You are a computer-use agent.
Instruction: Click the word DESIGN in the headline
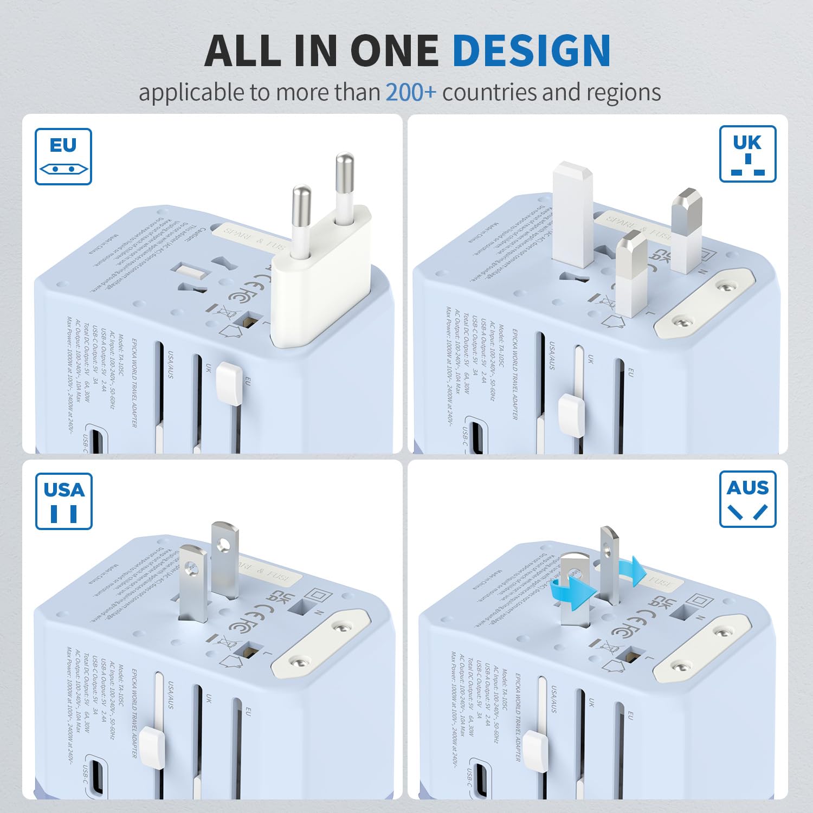531,50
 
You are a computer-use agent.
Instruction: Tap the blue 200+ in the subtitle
410,92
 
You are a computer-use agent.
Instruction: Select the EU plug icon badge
63,157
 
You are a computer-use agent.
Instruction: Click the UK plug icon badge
747,154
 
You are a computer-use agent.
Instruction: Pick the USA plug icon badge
64,501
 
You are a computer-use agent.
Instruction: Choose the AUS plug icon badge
747,499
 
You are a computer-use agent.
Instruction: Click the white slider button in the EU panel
229,384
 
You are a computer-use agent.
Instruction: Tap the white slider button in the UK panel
572,415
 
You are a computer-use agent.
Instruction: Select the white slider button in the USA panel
152,748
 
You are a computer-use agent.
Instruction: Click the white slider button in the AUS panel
535,751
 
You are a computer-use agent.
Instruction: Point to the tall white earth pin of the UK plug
573,214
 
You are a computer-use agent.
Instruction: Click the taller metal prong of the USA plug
224,558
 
